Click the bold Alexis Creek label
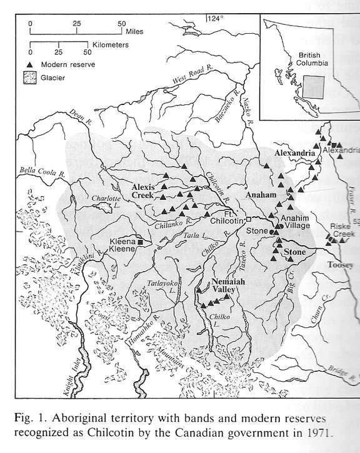point(146,191)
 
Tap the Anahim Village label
point(296,222)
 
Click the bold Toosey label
point(339,265)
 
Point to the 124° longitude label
point(216,19)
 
